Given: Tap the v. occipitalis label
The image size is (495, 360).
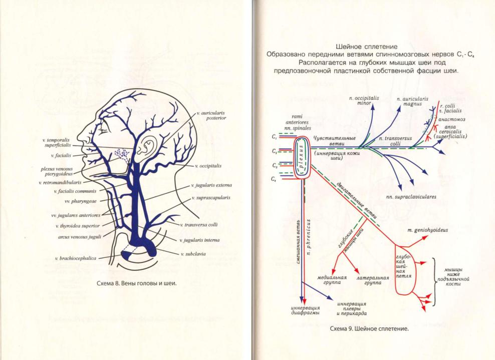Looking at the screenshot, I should pos(208,165).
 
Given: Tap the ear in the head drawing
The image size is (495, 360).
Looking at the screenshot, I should pos(147,146).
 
